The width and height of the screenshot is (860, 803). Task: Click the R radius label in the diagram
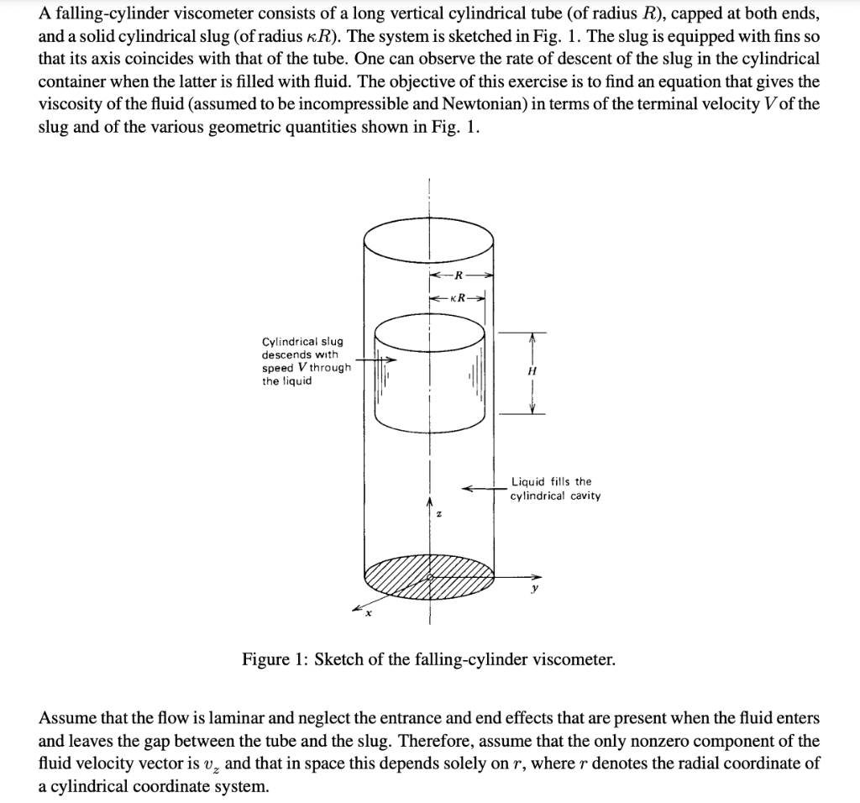(459, 275)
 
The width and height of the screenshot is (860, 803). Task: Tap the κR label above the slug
(459, 297)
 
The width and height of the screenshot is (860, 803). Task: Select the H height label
(531, 370)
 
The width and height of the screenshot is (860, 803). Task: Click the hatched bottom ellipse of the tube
(429, 576)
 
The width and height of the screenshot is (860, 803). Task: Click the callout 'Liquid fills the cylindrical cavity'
(554, 488)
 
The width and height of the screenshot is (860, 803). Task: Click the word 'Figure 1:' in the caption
(274, 659)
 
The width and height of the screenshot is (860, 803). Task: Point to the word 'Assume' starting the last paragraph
(66, 719)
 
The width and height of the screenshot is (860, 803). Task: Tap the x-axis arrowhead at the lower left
(356, 607)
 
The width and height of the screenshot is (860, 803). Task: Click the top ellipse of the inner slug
(429, 326)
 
